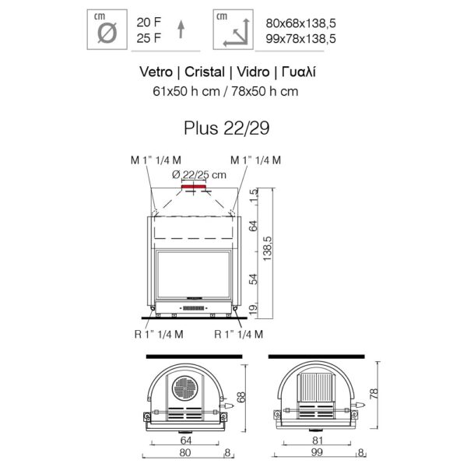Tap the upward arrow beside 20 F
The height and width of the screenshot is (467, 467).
181,29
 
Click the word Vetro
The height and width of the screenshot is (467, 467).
156,72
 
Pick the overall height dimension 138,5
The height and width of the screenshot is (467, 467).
268,251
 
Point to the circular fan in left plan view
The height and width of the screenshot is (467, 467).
186,388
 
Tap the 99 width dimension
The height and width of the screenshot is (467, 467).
317,453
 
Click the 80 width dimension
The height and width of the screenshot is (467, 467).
184,453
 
